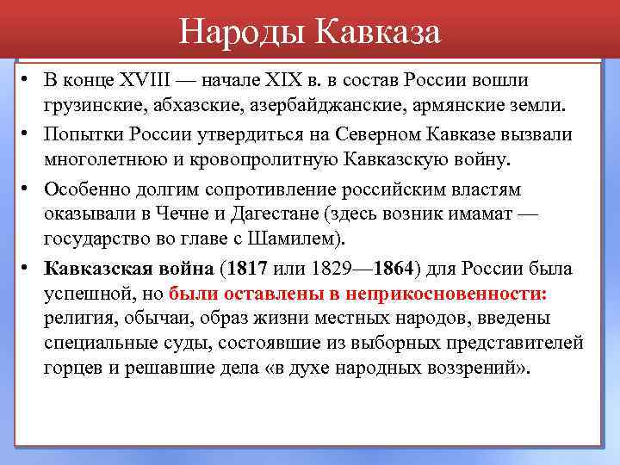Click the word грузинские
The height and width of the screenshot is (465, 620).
tap(94, 107)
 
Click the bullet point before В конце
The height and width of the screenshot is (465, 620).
tap(28, 78)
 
